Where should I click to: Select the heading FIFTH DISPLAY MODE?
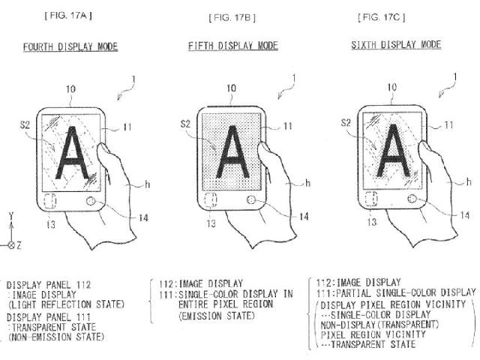pyautogui.click(x=232, y=46)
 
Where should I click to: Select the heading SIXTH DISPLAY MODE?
pyautogui.click(x=395, y=45)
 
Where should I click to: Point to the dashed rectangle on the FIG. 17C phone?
pyautogui.click(x=371, y=201)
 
